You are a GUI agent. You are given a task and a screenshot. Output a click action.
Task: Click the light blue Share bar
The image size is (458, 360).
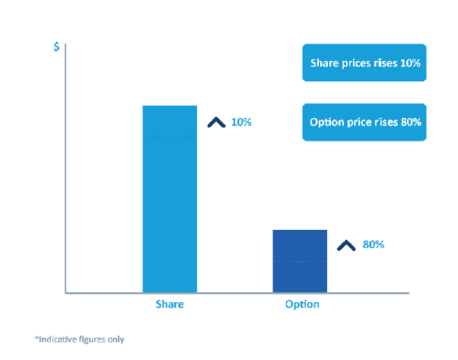point(170,198)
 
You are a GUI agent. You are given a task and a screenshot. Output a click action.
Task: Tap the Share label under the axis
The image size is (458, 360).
point(170,304)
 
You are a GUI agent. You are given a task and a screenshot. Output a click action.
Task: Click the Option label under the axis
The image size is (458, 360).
point(302,304)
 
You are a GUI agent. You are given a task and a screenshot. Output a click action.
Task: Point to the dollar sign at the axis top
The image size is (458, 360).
point(56,46)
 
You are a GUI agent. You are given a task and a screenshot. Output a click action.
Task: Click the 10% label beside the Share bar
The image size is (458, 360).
point(241,122)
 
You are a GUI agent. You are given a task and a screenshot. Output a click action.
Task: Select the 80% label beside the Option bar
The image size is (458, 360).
point(374,245)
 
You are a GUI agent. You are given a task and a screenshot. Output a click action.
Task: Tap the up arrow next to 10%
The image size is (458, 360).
point(216,122)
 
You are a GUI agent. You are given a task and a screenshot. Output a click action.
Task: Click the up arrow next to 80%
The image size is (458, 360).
point(346,245)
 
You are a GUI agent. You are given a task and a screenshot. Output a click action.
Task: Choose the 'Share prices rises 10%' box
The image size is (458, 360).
point(365,64)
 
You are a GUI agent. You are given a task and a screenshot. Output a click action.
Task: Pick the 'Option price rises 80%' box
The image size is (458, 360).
point(365,123)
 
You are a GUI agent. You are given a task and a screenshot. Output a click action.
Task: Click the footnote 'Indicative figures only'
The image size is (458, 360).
point(79,339)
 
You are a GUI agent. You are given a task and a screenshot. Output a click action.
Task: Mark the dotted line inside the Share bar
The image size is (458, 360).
point(170,136)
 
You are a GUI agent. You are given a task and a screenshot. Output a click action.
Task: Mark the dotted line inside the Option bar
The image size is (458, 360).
point(300,261)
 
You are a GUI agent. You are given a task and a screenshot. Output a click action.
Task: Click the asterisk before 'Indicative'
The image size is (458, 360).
point(36,337)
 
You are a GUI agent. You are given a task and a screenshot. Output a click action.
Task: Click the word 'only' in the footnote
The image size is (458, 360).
point(115,339)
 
